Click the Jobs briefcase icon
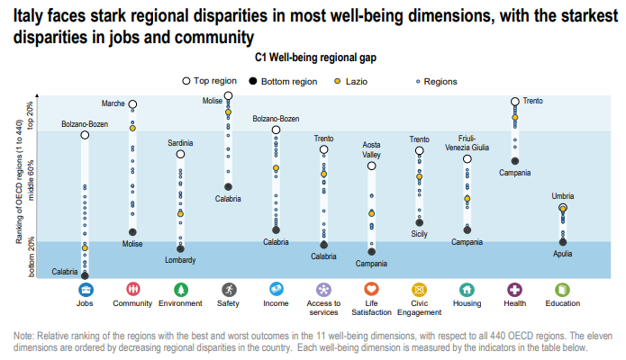tap(85, 290)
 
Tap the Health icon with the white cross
tap(514, 290)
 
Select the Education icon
tap(563, 290)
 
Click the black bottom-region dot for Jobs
tap(85, 275)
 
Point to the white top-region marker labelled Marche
tap(132, 104)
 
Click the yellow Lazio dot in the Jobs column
tap(85, 248)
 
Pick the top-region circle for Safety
tap(228, 95)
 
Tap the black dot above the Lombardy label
tap(180, 249)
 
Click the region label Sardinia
tap(180, 143)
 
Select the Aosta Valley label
tap(371, 149)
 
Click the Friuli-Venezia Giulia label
tap(467, 143)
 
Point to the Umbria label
tap(563, 196)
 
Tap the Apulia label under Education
tap(563, 254)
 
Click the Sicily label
tap(419, 234)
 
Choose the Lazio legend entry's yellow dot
tap(338, 81)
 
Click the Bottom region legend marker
tap(253, 81)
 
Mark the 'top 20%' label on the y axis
tap(31, 116)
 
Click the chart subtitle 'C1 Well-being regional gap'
tap(315, 58)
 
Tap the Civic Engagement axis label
tap(419, 308)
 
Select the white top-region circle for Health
tap(515, 102)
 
